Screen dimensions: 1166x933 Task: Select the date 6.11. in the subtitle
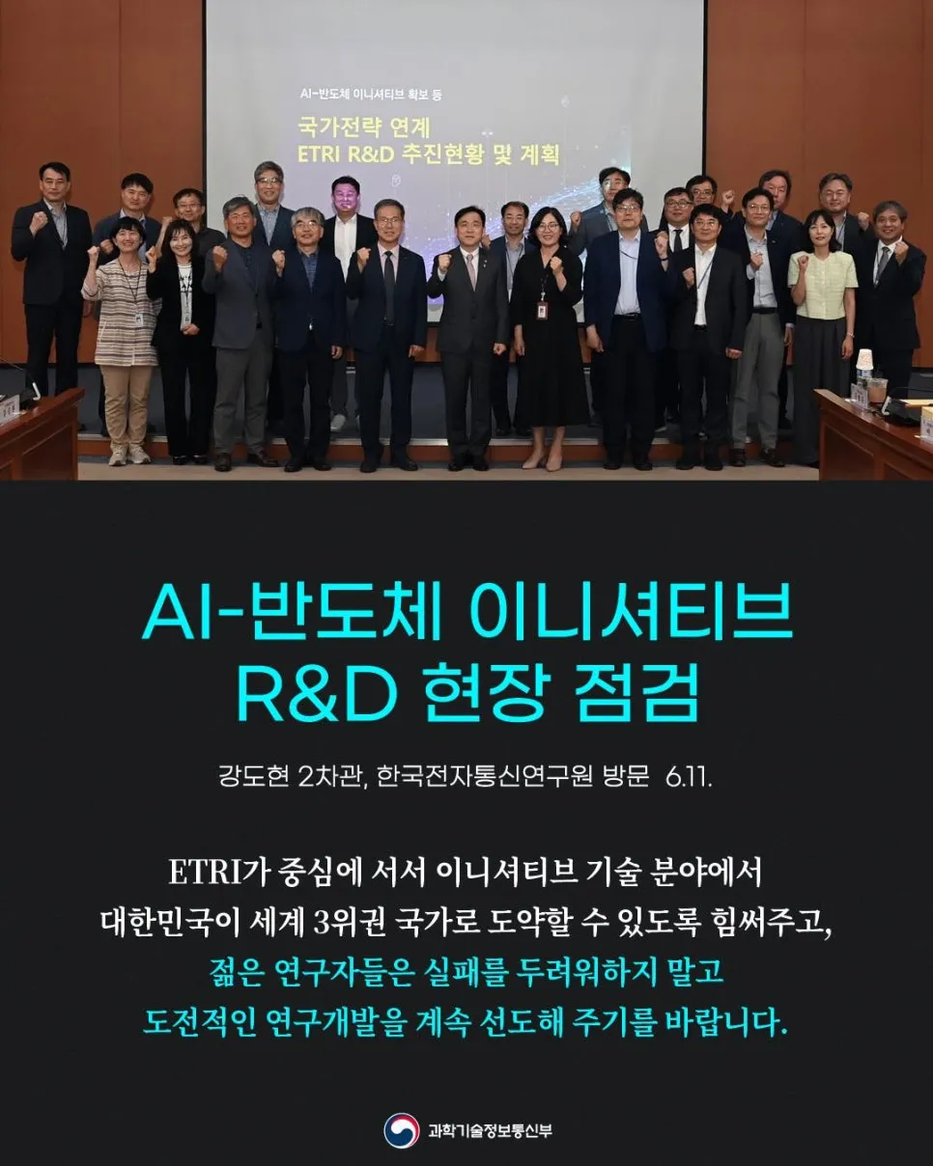(x=690, y=777)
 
